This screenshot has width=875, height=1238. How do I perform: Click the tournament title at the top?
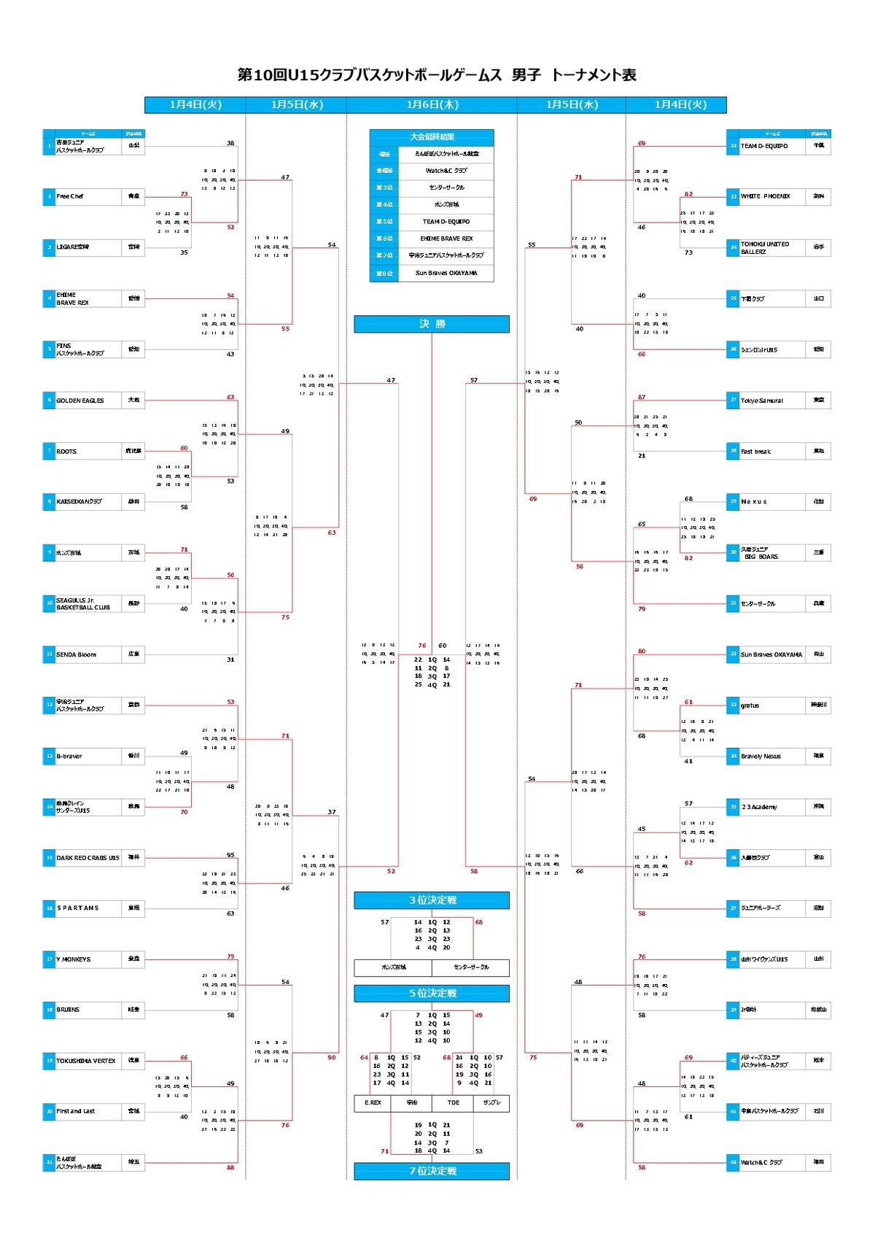437,75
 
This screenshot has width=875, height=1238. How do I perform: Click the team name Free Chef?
71,196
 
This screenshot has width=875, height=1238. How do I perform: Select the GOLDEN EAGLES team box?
80,401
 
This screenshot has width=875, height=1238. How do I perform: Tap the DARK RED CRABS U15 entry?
87,858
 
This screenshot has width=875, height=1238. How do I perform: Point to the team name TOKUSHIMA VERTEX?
86,1061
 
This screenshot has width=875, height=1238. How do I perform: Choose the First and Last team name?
76,1111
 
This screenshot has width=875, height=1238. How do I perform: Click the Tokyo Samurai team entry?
762,401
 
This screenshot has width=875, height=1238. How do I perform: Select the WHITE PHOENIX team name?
766,196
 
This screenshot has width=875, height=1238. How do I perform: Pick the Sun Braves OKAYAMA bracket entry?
771,654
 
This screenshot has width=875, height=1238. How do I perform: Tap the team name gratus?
750,705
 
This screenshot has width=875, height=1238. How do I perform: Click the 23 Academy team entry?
759,807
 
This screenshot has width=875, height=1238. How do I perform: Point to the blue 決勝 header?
432,324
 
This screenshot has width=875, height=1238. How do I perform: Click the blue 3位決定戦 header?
432,900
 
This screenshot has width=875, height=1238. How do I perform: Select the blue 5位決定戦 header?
432,993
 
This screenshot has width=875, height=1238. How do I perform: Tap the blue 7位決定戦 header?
432,1171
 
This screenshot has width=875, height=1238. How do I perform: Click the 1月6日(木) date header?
432,105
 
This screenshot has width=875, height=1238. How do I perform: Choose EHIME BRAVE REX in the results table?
446,239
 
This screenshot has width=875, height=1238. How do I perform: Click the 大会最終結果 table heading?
432,136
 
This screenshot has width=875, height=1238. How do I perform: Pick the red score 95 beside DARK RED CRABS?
230,855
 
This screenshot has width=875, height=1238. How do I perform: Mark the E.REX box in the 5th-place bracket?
373,1102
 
